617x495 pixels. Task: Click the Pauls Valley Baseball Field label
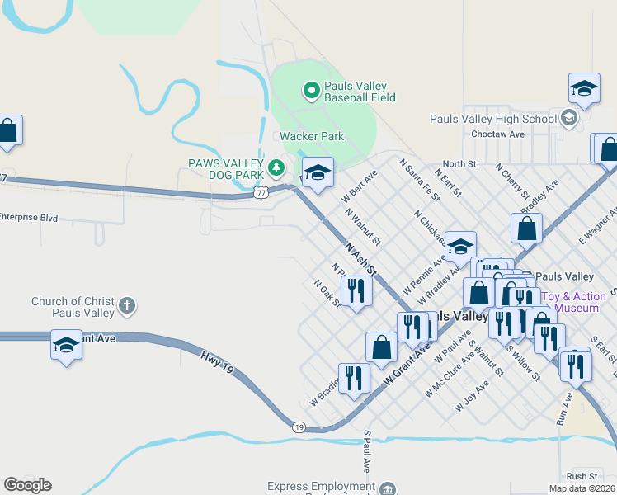360,92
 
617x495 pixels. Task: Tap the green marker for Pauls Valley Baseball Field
312,89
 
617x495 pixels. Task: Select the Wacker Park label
311,136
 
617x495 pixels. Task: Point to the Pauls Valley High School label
493,119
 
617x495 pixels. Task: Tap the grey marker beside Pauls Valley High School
568,119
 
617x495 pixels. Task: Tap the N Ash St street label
360,259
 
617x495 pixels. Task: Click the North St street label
459,164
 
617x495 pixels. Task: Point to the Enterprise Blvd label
28,218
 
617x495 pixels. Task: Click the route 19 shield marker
299,427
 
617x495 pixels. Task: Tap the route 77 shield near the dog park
261,192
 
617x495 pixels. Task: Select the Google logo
27,485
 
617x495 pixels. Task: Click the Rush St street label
582,476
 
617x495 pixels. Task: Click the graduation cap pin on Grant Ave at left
66,345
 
